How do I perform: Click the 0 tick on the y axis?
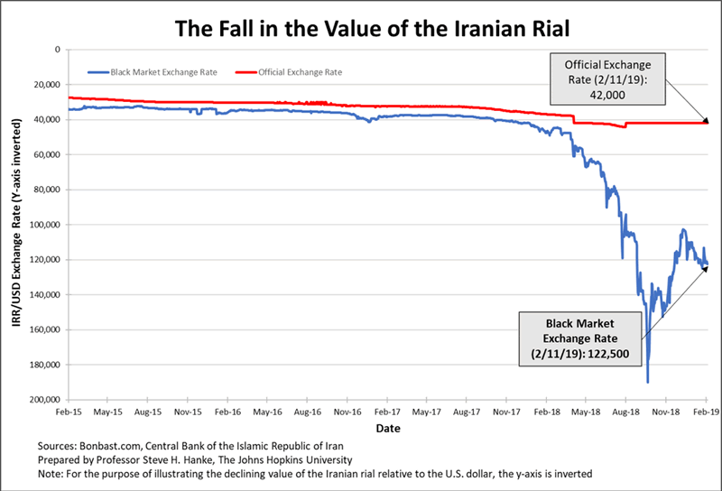tap(57, 50)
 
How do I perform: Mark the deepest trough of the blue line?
tap(647, 382)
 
